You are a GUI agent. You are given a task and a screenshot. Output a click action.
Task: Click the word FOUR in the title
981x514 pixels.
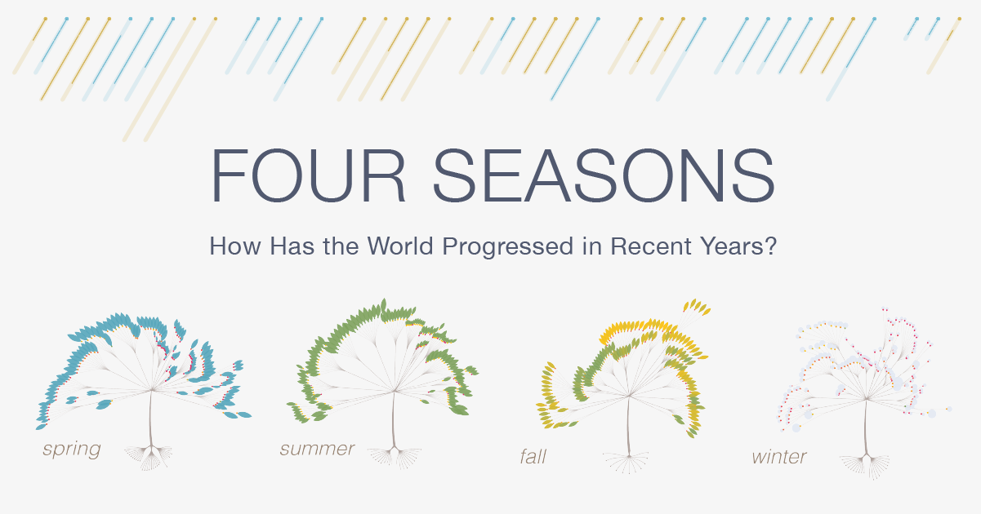click(308, 176)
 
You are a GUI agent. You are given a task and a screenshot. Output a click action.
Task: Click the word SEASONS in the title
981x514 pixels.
click(604, 176)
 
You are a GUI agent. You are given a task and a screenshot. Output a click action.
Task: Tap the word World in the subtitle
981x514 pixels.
click(401, 246)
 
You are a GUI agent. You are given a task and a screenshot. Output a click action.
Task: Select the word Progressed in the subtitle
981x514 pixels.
click(507, 247)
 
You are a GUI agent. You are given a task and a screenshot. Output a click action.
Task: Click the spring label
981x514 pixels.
click(71, 450)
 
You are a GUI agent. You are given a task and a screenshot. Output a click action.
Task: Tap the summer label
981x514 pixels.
click(317, 449)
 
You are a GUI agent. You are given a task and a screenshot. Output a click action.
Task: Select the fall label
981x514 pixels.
click(533, 457)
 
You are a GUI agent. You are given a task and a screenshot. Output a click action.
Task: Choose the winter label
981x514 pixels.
click(779, 457)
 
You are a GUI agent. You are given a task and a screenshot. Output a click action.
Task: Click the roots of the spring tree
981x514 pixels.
click(149, 458)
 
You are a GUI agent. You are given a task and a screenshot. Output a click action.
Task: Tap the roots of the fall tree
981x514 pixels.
click(627, 463)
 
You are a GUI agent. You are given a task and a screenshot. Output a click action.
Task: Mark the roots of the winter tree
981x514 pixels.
click(865, 467)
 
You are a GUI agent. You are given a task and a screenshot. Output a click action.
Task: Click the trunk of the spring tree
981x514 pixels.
click(151, 418)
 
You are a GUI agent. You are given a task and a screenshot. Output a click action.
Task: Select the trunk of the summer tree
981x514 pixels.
click(393, 419)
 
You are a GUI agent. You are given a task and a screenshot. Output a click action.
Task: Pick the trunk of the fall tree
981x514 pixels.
click(628, 424)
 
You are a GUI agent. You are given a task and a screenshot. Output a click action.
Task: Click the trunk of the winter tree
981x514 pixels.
click(866, 427)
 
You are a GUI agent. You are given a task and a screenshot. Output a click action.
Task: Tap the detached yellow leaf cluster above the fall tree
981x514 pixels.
click(696, 307)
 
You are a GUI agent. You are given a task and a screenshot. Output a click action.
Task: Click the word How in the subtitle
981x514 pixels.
click(234, 246)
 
